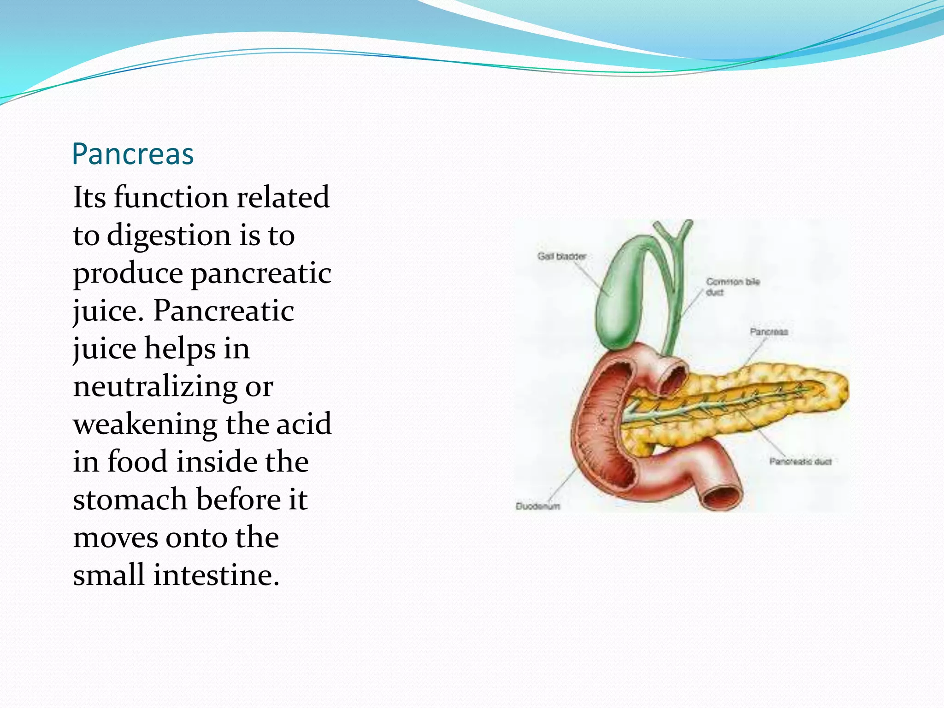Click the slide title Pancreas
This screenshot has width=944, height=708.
(133, 154)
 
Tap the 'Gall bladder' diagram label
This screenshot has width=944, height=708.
(561, 256)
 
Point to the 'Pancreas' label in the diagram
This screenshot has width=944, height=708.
(768, 331)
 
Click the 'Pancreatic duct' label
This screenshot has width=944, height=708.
(800, 461)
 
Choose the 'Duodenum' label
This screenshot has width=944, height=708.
(538, 506)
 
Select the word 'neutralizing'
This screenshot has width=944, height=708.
(155, 387)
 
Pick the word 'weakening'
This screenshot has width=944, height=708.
(145, 425)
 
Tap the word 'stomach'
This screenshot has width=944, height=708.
(130, 500)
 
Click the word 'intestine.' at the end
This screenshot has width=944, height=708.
(216, 575)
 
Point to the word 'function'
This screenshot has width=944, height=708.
(171, 198)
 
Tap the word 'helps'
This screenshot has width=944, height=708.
(180, 349)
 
